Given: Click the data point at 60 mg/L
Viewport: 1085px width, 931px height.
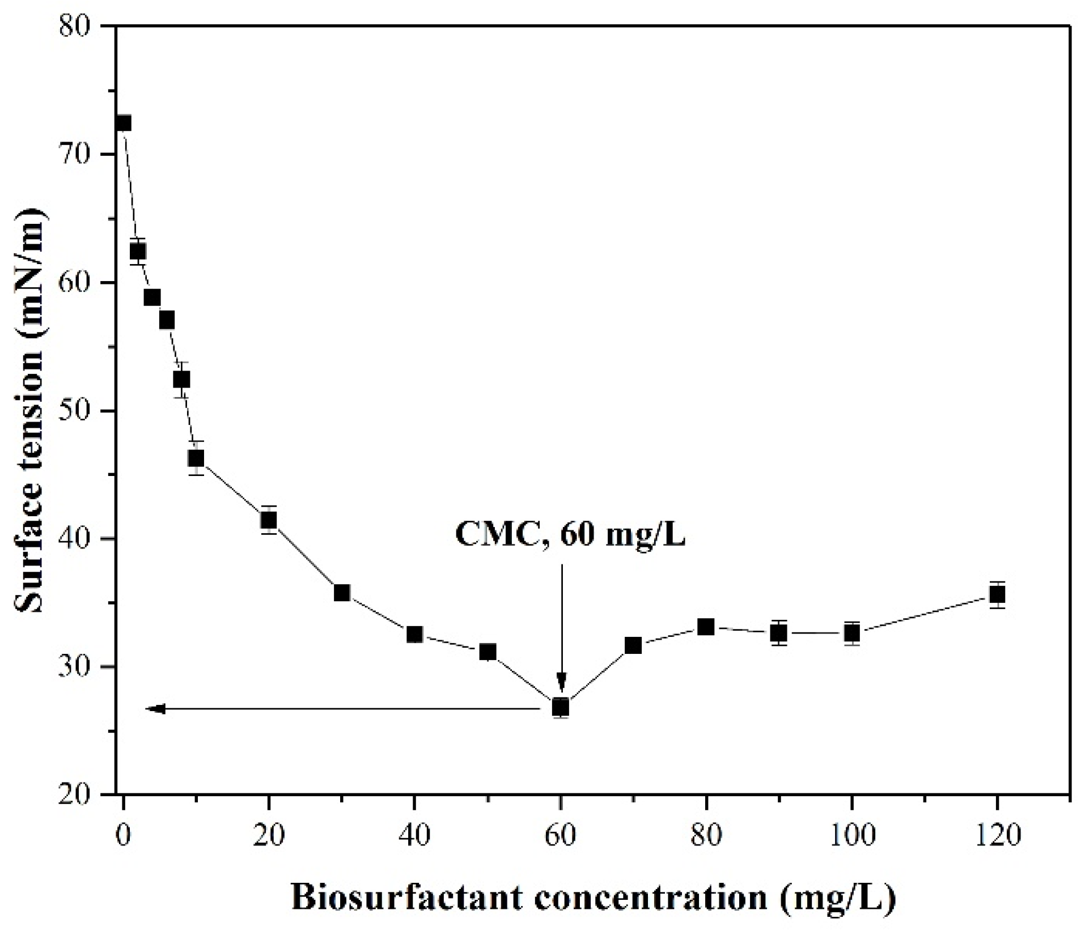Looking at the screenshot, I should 560,707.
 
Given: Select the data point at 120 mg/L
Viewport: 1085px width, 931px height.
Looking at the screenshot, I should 997,595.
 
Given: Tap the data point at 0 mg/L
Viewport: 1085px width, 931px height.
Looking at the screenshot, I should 123,123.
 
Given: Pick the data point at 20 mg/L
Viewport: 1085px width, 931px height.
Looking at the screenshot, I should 269,520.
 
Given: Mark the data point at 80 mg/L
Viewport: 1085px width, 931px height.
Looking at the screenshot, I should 706,627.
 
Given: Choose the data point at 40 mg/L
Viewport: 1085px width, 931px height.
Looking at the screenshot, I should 414,634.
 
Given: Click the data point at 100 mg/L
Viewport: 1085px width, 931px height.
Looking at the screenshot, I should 851,632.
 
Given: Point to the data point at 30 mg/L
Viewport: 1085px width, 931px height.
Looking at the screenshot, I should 342,593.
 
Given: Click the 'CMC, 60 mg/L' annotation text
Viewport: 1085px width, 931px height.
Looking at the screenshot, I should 570,534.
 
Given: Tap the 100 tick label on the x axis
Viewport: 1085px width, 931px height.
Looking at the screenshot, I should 851,835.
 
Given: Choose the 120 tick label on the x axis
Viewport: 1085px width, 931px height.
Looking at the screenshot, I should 997,835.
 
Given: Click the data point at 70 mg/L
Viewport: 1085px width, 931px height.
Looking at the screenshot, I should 633,645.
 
